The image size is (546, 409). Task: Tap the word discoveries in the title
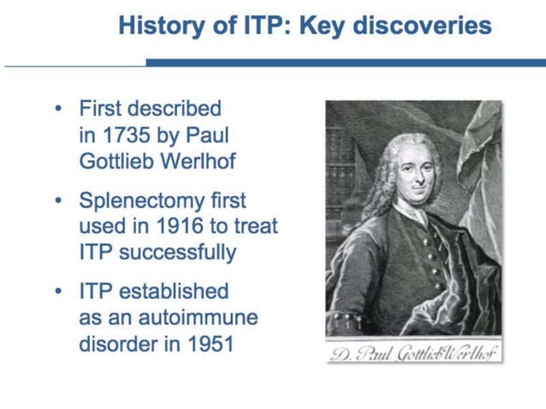tap(425, 26)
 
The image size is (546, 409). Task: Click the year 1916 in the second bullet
tap(171, 227)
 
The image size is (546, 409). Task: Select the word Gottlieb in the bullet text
tap(111, 160)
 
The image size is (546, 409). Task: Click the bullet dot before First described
tap(57, 110)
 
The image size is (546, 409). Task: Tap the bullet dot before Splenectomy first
tap(57, 201)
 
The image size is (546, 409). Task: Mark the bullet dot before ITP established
tap(57, 292)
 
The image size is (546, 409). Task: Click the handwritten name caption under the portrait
tap(414, 353)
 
